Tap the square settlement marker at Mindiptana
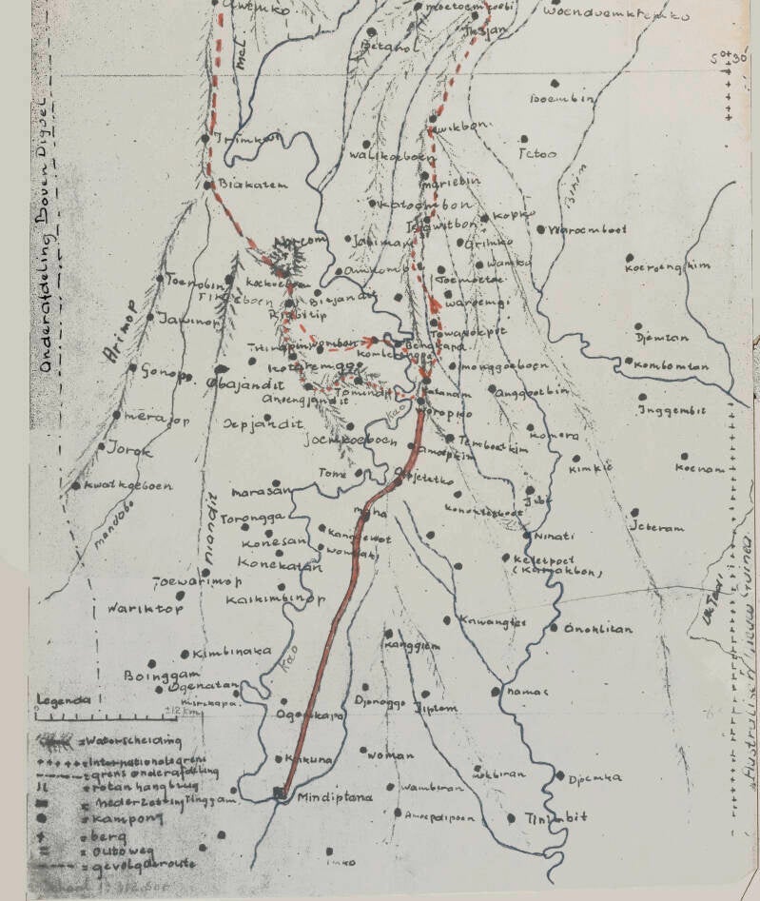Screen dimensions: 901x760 280,793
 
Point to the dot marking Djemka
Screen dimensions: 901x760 561,775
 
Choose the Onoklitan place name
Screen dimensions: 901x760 598,629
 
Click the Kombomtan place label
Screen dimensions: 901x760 673,363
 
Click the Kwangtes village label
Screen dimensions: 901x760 492,622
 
